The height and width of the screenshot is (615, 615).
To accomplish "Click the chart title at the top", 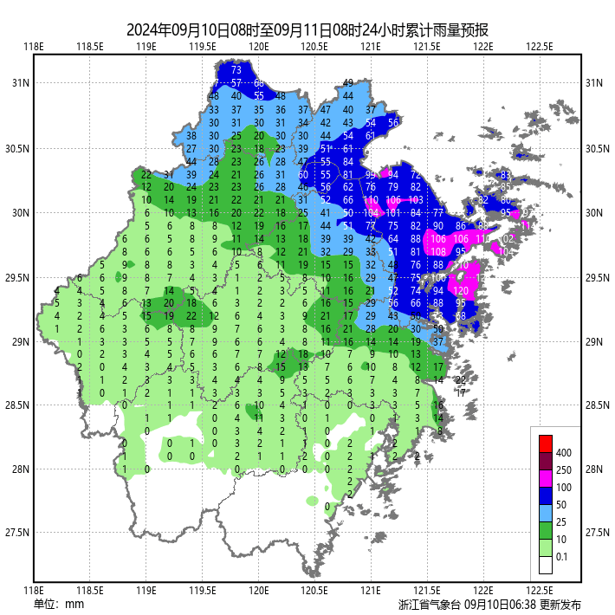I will point(307,28).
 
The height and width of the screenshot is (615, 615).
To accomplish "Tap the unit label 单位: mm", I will point(58,604).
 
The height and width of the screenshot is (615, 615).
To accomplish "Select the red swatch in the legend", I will point(546,443).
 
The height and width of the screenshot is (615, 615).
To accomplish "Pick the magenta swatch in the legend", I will point(546,477).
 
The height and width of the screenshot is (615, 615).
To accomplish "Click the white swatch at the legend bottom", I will point(546,565).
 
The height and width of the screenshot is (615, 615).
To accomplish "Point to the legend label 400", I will point(564,453).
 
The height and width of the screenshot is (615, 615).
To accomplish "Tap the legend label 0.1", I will point(563,557).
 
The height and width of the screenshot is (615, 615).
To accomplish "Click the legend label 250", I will point(564,470).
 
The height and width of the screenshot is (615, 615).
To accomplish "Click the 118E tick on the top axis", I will point(34,47).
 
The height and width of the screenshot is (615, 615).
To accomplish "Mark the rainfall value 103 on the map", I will point(416,200).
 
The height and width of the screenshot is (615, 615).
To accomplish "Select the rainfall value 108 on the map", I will point(438,252).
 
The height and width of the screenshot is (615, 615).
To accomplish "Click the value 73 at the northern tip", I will point(236,69).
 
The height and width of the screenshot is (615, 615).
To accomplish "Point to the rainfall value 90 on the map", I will point(438,226).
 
